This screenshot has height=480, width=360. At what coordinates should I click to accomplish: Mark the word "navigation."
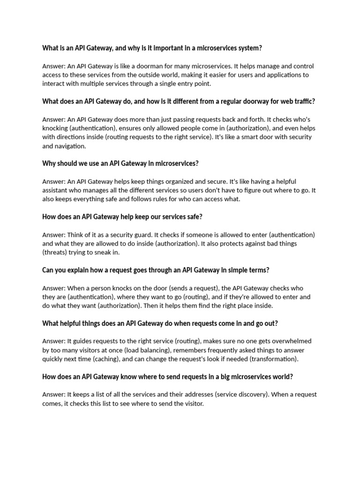[71, 146]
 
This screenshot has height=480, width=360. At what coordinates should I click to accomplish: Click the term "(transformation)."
[274, 359]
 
